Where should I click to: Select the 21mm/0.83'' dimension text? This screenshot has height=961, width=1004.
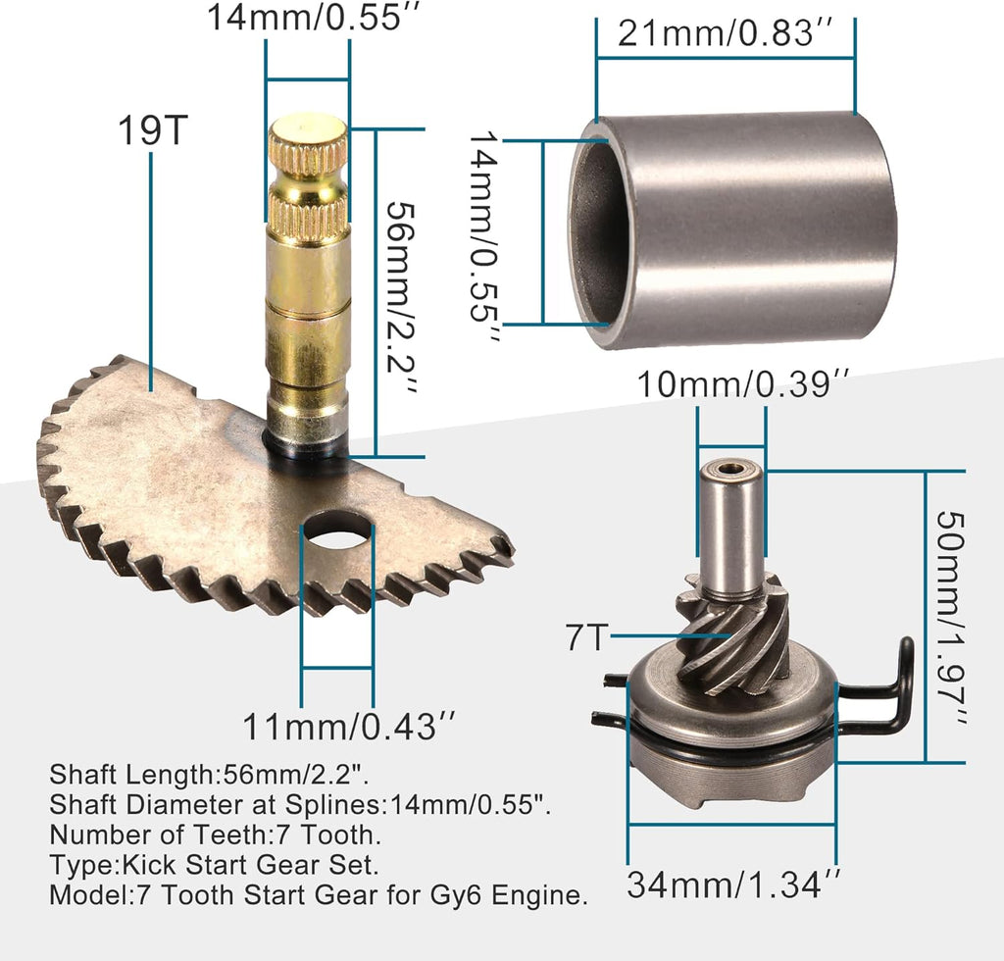[725, 35]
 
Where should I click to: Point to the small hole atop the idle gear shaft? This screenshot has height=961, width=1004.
[730, 468]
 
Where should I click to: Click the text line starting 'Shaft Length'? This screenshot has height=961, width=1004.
[209, 774]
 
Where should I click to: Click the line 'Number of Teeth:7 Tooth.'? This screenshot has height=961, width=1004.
[215, 835]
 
